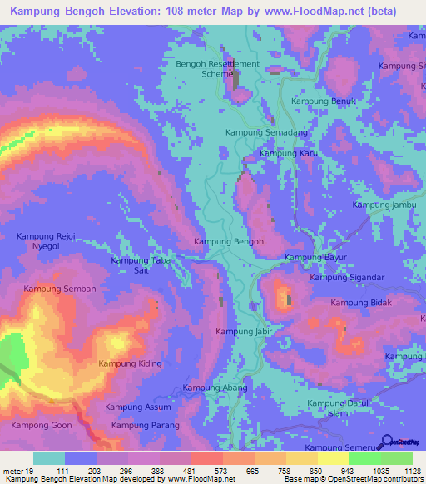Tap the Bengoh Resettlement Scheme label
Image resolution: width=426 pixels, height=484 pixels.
[x=217, y=68]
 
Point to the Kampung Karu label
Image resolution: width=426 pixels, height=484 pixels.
[x=290, y=153]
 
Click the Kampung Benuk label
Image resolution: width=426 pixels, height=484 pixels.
[x=317, y=101]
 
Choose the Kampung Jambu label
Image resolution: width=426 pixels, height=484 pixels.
[x=384, y=205]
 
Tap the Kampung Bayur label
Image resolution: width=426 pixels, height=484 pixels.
[x=315, y=258]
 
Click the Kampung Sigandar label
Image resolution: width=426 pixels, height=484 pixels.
[x=347, y=278]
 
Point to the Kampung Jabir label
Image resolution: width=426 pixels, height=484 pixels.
[x=245, y=332]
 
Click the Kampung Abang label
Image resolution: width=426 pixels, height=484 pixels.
[x=215, y=388]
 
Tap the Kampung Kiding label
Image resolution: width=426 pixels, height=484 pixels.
[x=130, y=363]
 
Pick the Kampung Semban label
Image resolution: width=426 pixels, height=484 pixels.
[x=60, y=289]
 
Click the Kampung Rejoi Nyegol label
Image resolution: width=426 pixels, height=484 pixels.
[x=47, y=241]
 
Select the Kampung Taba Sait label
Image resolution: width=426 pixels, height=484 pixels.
[x=134, y=265]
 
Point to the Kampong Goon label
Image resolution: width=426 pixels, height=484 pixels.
[x=41, y=425]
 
